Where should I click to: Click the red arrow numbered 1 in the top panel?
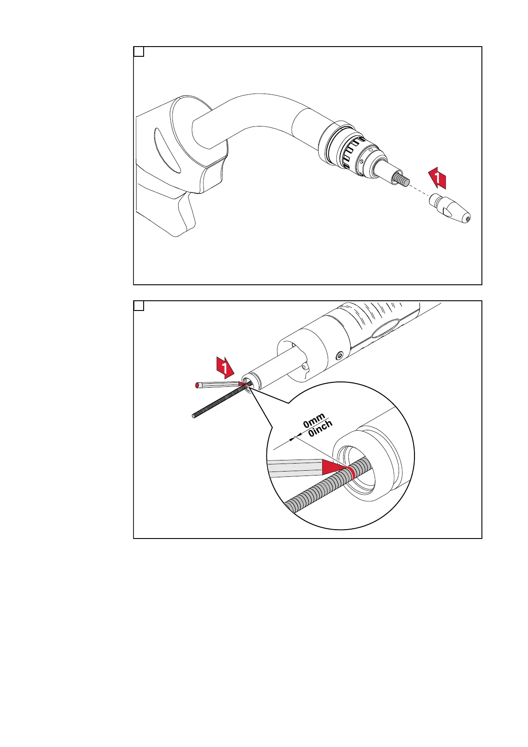437,178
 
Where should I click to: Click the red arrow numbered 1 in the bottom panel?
225,367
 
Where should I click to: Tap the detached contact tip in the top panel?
450,208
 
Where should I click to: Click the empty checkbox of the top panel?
139,52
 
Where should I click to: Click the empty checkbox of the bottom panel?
139,306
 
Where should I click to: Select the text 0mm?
314,421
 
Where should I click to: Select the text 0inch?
320,429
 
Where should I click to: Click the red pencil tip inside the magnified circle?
334,468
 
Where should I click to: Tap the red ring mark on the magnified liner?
350,474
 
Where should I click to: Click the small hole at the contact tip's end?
468,219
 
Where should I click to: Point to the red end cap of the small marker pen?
197,385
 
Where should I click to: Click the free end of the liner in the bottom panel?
194,416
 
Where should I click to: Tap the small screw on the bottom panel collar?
339,355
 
